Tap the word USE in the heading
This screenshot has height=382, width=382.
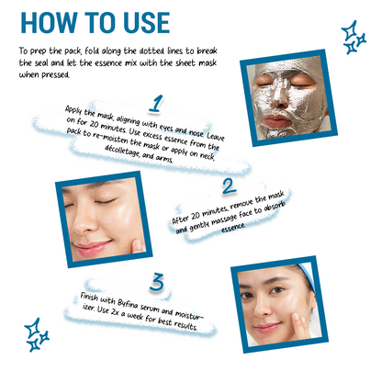(147, 23)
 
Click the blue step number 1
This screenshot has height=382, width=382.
(156, 104)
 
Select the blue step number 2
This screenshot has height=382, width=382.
(229, 186)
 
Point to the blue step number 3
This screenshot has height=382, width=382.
(156, 282)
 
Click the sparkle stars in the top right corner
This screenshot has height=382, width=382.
(354, 38)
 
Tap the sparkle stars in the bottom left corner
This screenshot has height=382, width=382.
(37, 334)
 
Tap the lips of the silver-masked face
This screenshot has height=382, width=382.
(276, 121)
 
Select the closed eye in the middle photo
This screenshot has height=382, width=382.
(106, 202)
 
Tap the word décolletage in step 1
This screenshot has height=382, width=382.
(122, 152)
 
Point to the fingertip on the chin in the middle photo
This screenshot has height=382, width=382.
(138, 245)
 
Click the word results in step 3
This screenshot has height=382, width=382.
(185, 325)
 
